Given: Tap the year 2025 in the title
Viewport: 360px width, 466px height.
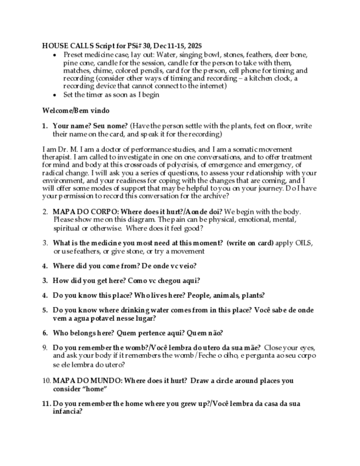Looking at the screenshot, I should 193,46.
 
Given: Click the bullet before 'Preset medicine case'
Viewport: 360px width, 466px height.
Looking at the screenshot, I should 55,55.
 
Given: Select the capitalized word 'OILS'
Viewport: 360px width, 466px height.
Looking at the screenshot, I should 303,243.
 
